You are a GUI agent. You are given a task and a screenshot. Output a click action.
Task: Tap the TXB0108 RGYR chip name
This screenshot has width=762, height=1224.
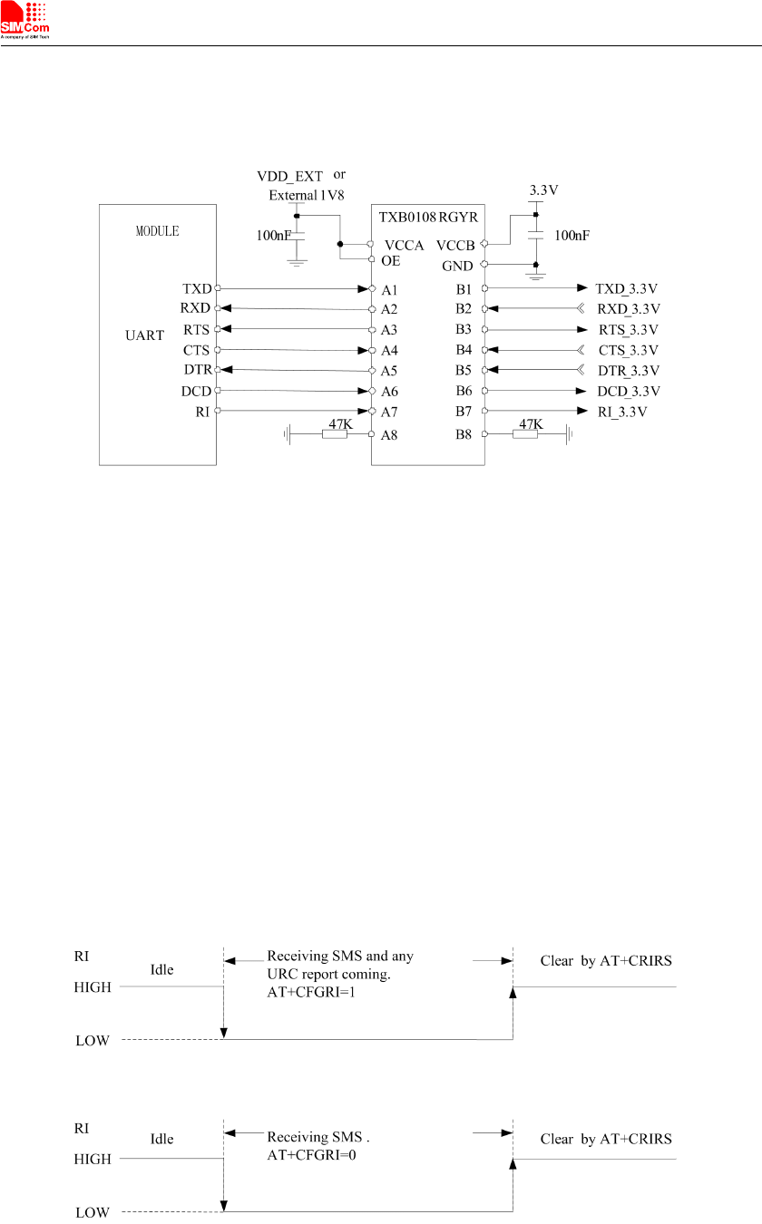point(428,218)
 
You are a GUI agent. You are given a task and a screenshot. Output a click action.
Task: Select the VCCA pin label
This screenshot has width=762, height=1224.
point(405,246)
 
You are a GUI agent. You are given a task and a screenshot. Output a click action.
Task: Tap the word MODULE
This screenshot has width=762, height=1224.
point(157,231)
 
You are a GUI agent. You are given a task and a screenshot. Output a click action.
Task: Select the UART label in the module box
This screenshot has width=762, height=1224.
point(144,335)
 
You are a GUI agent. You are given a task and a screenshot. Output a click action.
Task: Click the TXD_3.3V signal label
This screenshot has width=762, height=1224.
point(627,288)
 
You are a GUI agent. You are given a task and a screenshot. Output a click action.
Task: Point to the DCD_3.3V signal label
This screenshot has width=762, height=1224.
point(628,392)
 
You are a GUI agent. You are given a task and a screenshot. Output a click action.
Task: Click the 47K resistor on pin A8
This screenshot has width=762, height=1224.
point(335,435)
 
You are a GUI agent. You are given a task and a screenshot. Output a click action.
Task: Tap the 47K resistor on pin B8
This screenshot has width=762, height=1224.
point(525,435)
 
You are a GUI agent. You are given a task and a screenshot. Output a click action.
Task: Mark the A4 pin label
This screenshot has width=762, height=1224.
point(391,350)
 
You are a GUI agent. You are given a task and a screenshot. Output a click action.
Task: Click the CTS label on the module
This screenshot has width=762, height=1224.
point(196,350)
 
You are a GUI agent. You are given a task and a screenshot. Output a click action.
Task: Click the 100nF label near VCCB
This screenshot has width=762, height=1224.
point(571,236)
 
